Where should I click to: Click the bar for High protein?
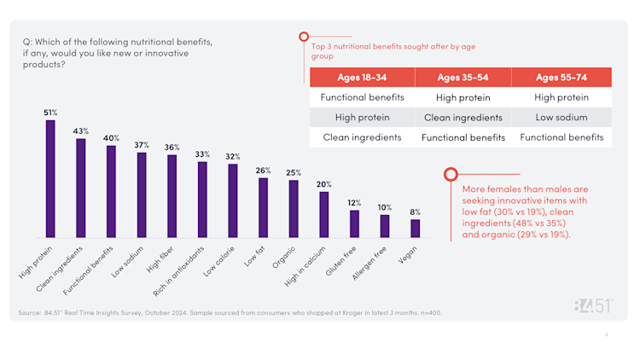pos(50,178)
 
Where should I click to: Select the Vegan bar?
pos(416,228)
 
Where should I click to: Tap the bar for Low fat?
pos(263,207)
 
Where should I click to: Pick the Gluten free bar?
pos(354,224)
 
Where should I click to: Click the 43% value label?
pos(80,131)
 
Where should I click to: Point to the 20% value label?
pos(323,184)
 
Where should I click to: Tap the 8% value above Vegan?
pos(416,212)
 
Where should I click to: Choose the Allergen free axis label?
pos(370,259)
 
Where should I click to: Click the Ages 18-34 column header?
pos(362,77)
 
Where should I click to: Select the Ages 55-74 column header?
pos(561,77)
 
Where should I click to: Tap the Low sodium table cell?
pos(561,117)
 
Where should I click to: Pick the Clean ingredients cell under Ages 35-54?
pos(463,117)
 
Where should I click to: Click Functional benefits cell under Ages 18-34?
pos(362,97)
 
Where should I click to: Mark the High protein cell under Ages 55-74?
pos(561,97)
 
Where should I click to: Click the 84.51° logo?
pos(593,306)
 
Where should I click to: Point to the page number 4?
pos(607,334)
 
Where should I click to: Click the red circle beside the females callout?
pos(451,174)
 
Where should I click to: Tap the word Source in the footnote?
pos(30,312)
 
